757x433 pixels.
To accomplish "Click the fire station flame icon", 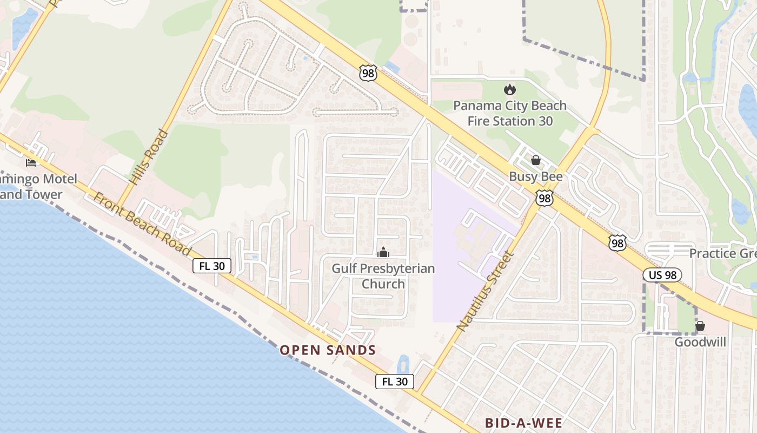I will coord(509,89).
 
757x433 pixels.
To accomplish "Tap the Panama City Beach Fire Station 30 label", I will coord(509,113).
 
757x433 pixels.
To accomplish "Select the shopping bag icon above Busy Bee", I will coord(535,160).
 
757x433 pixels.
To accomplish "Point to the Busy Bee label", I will coord(535,176).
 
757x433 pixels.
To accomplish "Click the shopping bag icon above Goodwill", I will coord(700,326).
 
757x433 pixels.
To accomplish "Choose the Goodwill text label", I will coord(700,342).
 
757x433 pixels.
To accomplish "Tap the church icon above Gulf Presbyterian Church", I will coord(383,252).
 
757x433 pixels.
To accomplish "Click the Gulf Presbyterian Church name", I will coord(383,276).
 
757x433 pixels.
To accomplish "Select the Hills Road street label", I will coord(142,157).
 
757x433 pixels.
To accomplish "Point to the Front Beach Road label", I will coord(142,223).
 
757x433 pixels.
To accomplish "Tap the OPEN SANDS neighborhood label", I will coord(328,350).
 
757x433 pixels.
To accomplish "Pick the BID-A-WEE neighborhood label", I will coord(523,423).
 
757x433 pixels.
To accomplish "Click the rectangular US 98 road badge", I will coord(662,275).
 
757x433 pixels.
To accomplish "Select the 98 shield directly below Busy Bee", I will coord(544,198).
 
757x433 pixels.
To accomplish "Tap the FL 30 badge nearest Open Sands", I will coord(395,382).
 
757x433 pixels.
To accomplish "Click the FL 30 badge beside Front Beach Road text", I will coord(212,265).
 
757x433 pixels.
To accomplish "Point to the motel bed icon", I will coord(31,162).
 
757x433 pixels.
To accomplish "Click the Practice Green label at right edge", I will coord(722,253).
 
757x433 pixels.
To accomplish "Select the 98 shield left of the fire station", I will coord(368,73).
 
